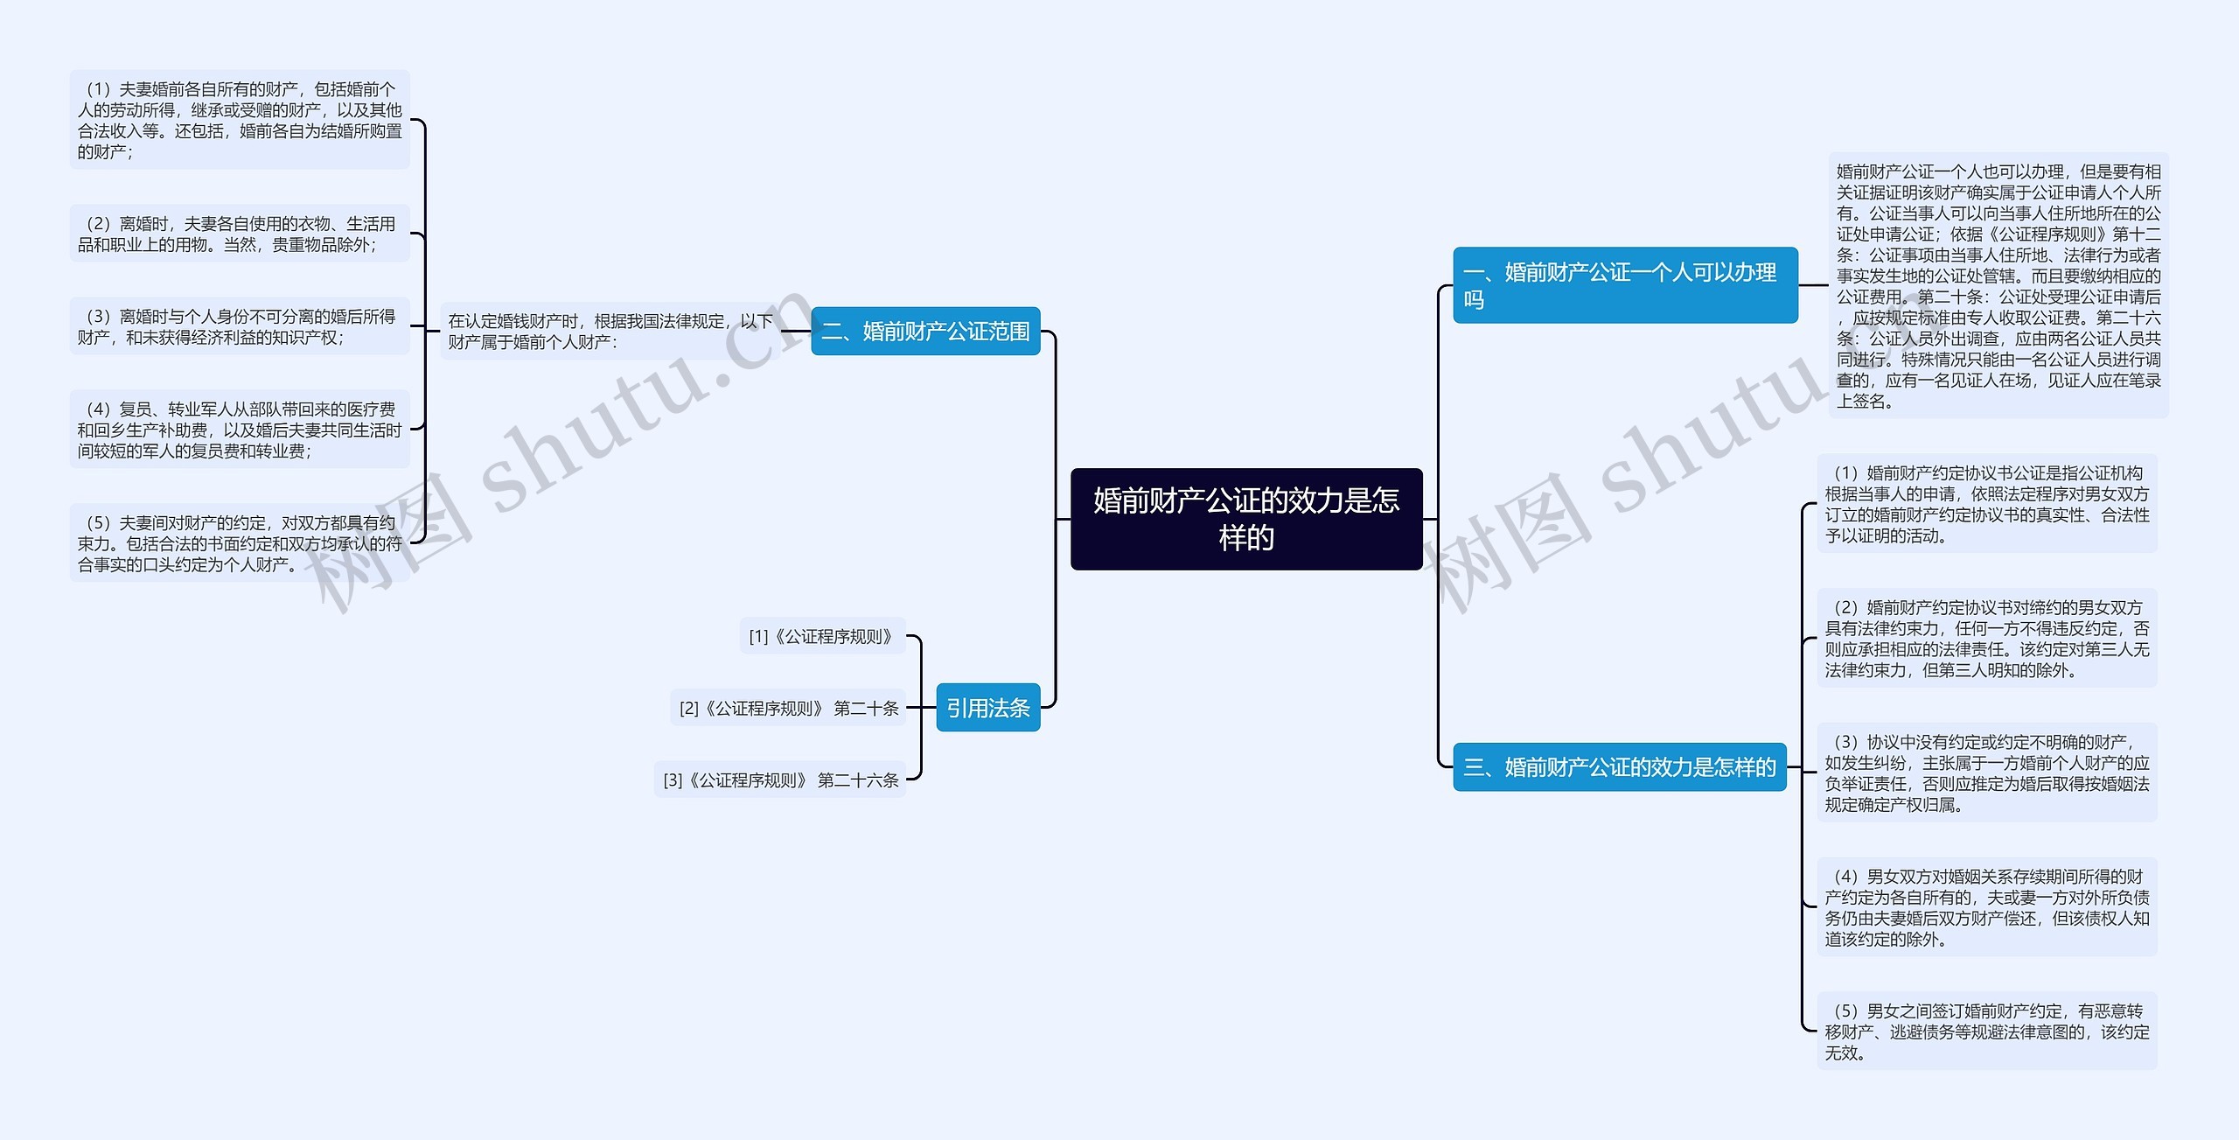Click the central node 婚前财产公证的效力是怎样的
pyautogui.click(x=1246, y=519)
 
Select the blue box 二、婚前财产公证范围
pyautogui.click(x=925, y=331)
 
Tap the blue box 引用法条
pyautogui.click(x=988, y=707)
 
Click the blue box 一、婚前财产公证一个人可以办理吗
pyautogui.click(x=1625, y=285)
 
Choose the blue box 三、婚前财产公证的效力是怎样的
pyautogui.click(x=1620, y=767)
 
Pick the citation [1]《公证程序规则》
pyautogui.click(x=822, y=636)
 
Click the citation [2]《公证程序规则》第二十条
pyautogui.click(x=788, y=708)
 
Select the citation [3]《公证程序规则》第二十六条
pyautogui.click(x=780, y=780)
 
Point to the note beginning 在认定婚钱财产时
pyautogui.click(x=610, y=331)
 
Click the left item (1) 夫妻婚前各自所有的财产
pyautogui.click(x=240, y=120)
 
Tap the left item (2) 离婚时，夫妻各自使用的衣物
pyautogui.click(x=240, y=234)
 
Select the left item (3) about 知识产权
pyautogui.click(x=240, y=326)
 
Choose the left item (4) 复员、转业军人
pyautogui.click(x=240, y=430)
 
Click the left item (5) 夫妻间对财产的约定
pyautogui.click(x=240, y=543)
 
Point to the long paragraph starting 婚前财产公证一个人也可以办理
pyautogui.click(x=1998, y=285)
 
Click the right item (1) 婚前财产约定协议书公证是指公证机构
pyautogui.click(x=1987, y=504)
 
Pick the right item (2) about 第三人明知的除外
pyautogui.click(x=1987, y=639)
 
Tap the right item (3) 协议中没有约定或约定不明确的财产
pyautogui.click(x=1987, y=773)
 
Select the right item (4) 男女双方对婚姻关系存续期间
pyautogui.click(x=1987, y=907)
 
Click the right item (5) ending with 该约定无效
pyautogui.click(x=1987, y=1032)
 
